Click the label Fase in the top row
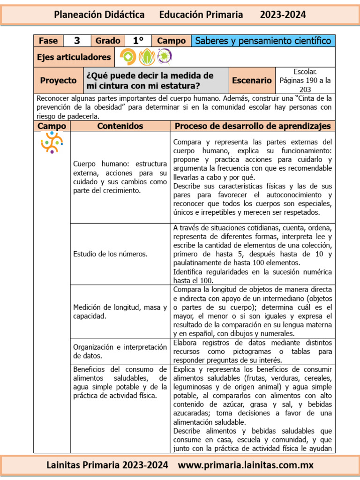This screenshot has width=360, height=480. pos(48,41)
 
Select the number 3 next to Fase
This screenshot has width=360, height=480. pos(77,41)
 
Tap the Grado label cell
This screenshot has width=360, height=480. pos(107,41)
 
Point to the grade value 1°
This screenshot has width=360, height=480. pos(138,41)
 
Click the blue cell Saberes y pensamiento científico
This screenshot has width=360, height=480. pos(263,41)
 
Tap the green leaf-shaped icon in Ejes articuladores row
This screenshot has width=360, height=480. pos(146,57)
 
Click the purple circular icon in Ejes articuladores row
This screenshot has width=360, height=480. pos(165,57)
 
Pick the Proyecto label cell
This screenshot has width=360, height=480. pos(58,81)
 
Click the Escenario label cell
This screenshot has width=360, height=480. pos(252,81)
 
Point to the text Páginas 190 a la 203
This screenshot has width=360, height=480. pos(305,84)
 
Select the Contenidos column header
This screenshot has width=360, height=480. pos(120,126)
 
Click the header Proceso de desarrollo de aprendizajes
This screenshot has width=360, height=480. pos(252,126)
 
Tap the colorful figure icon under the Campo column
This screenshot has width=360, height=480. pos(52,142)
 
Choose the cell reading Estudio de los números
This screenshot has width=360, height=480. pos(110,254)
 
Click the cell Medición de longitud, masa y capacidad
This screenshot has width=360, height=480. pos(120,312)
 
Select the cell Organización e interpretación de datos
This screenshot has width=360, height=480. pos(120,351)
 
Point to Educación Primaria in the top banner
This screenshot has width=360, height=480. pos(201,15)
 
